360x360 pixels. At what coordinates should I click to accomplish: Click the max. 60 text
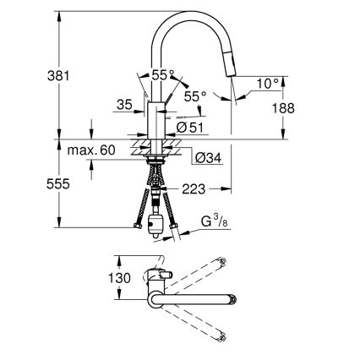(92, 150)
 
